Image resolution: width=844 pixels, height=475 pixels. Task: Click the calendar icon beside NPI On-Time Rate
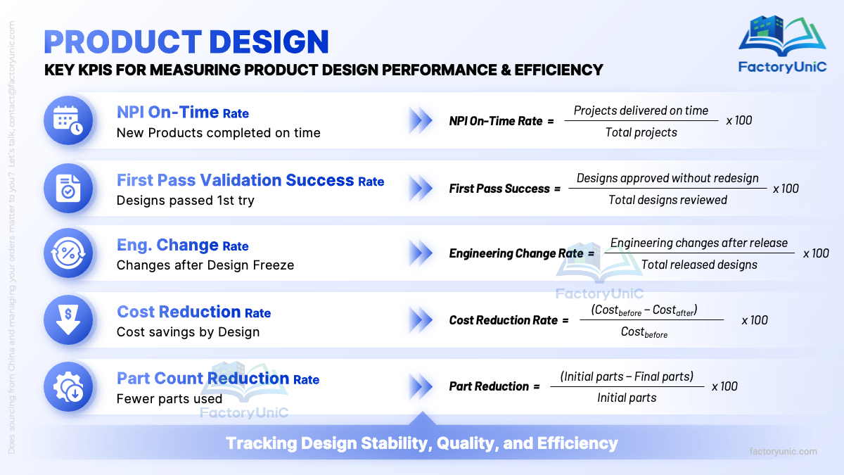click(68, 120)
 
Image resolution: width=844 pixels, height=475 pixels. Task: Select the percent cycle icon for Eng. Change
click(68, 253)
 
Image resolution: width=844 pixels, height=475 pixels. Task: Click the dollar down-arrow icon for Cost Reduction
click(68, 319)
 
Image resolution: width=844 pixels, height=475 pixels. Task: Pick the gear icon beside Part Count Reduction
click(68, 386)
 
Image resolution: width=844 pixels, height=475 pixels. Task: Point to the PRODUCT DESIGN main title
click(186, 42)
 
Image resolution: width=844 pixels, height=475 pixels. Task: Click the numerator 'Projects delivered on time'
click(641, 110)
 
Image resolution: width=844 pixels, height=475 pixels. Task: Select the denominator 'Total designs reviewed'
click(667, 200)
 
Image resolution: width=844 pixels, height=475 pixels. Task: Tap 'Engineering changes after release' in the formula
click(699, 243)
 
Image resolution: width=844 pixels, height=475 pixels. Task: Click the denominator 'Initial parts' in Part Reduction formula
click(627, 398)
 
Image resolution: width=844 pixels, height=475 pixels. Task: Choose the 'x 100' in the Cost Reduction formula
click(754, 320)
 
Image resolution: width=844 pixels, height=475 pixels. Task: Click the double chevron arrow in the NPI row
click(421, 120)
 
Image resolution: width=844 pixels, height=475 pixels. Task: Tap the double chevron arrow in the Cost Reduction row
click(421, 320)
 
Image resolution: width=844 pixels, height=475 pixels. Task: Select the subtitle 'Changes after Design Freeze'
click(205, 265)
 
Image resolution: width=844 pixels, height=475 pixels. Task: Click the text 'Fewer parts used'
click(169, 398)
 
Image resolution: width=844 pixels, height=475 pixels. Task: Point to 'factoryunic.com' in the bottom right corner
click(783, 452)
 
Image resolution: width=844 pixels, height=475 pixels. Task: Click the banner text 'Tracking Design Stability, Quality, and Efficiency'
click(421, 443)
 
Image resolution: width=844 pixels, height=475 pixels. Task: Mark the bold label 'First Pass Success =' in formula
click(504, 189)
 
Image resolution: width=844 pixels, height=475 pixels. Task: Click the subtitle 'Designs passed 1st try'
click(185, 200)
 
